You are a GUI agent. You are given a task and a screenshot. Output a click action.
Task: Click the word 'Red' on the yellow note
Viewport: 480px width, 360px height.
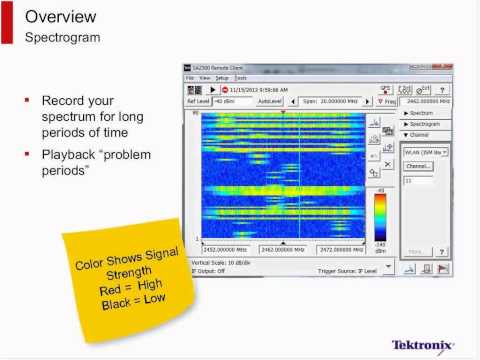pos(93,285)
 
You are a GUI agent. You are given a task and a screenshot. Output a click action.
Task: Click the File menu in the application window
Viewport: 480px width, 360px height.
pos(190,77)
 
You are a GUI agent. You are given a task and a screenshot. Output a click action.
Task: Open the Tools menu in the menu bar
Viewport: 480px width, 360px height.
pos(241,77)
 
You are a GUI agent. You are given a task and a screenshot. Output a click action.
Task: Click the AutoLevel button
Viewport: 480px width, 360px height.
pos(269,101)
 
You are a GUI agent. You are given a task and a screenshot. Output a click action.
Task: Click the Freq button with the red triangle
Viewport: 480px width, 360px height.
pos(386,101)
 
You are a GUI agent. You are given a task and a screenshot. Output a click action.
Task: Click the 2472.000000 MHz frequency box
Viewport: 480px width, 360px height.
pos(342,249)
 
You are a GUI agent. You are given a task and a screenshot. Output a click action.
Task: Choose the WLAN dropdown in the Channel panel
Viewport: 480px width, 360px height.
pos(424,152)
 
